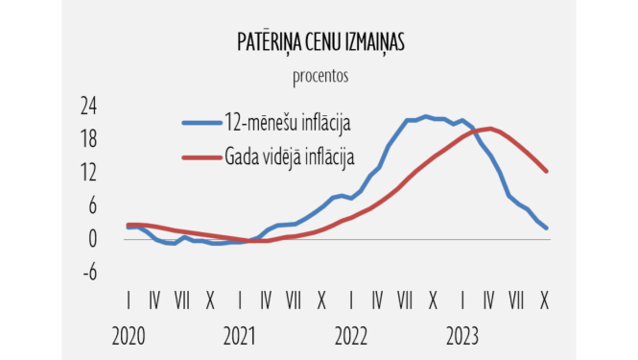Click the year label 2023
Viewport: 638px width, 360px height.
click(462, 337)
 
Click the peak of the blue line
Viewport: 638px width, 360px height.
click(425, 116)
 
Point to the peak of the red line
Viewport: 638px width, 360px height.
click(489, 129)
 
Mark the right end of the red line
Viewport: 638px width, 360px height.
click(546, 172)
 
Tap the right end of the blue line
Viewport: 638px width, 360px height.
click(546, 228)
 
